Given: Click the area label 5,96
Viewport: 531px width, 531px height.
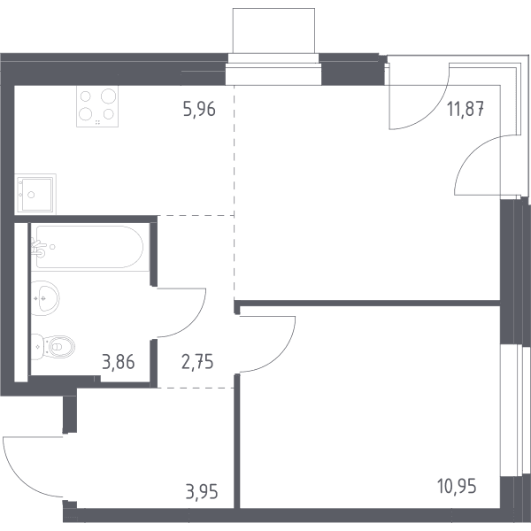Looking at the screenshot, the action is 199,110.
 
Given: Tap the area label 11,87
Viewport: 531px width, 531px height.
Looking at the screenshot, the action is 466,109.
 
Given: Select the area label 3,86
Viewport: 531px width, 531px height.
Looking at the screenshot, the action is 119,362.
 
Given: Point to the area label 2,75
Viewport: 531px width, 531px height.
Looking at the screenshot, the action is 197,362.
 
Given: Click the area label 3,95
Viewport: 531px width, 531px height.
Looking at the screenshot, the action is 202,492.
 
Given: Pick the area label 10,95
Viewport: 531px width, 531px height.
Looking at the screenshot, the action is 457,486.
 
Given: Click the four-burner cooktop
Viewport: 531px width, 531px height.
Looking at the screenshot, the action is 97,106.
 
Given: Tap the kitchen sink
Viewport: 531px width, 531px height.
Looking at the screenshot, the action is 35,194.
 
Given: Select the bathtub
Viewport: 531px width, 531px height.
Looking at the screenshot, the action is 90,247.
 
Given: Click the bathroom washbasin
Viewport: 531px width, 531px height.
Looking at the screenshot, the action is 45,298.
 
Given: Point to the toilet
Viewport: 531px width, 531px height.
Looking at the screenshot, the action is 53,346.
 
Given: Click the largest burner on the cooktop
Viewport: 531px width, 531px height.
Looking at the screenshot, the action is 108,96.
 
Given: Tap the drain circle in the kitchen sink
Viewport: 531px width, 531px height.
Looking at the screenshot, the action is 31,195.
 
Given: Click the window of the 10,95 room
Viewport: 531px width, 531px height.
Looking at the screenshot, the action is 515,411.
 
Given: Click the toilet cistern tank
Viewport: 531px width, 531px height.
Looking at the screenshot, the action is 37,347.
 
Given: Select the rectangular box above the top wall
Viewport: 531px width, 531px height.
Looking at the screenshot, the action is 273,30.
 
